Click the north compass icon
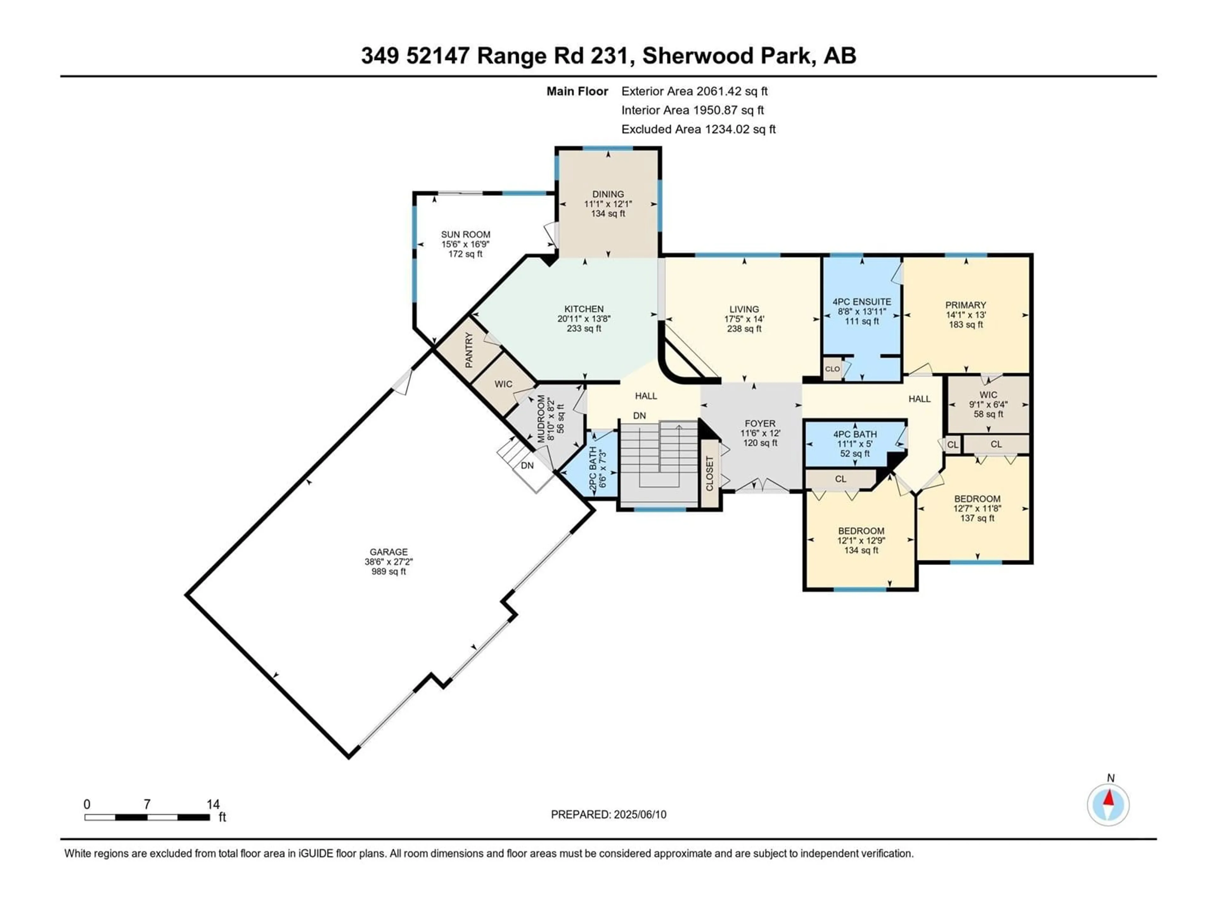1108,805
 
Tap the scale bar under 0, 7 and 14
147,817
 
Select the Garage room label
389,561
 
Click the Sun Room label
466,244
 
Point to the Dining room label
608,204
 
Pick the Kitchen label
584,319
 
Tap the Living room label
744,319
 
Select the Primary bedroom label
966,314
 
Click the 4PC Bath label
855,444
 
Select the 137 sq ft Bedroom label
977,508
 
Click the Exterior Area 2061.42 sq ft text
694,91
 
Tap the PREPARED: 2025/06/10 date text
608,814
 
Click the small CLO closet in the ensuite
833,369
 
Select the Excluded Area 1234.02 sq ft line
698,129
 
